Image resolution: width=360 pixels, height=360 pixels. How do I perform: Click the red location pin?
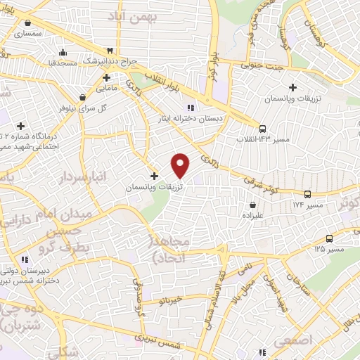click(x=181, y=165)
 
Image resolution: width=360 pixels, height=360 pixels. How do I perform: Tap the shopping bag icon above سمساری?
click(x=20, y=22)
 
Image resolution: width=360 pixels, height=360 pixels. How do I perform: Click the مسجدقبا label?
click(x=48, y=63)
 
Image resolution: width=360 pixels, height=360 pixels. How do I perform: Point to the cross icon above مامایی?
click(x=105, y=78)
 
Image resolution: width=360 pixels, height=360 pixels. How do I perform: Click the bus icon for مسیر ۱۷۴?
click(x=307, y=193)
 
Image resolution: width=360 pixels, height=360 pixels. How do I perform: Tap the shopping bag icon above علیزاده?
click(x=252, y=205)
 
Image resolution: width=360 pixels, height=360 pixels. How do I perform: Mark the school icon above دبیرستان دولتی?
click(x=25, y=259)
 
